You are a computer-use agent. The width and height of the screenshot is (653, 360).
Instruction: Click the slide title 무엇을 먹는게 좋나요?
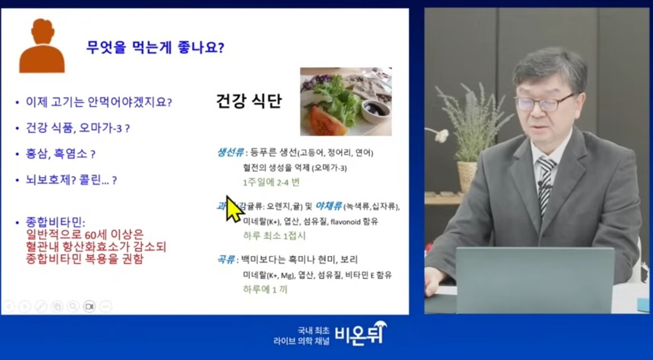pyautogui.click(x=155, y=47)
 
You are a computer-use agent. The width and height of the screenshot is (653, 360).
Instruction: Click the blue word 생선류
pyautogui.click(x=230, y=153)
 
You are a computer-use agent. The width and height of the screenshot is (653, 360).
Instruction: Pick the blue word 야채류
pyautogui.click(x=328, y=206)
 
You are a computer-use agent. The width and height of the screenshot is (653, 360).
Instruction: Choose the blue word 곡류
pyautogui.click(x=226, y=259)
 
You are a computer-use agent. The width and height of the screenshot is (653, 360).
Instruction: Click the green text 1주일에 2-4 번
pyautogui.click(x=271, y=182)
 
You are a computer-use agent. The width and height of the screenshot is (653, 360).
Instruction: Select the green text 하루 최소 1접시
pyautogui.click(x=274, y=236)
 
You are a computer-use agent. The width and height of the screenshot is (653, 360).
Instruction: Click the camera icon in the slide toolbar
pyautogui.click(x=89, y=306)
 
